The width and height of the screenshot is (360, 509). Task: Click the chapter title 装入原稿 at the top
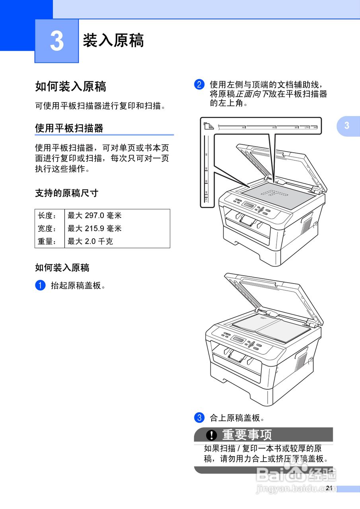pos(113,41)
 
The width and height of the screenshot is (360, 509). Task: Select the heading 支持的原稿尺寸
pos(66,193)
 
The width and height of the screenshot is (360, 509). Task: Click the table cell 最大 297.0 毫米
pos(95,216)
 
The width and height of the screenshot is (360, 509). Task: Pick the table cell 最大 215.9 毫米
pos(95,229)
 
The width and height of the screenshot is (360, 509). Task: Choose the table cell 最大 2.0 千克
pos(90,241)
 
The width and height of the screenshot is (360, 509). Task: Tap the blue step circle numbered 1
pos(40,286)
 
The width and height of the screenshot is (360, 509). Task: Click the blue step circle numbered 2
pos(199,85)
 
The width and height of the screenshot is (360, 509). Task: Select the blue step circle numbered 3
pos(199,418)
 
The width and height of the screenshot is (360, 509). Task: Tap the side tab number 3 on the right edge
pos(347,126)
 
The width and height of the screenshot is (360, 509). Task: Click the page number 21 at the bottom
pos(329,488)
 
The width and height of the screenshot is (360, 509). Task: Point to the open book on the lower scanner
pos(270,328)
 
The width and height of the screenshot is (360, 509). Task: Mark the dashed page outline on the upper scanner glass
pos(274,194)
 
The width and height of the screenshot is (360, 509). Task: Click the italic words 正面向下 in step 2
pos(252,94)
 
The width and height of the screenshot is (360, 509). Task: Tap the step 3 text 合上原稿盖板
pos(237,418)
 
